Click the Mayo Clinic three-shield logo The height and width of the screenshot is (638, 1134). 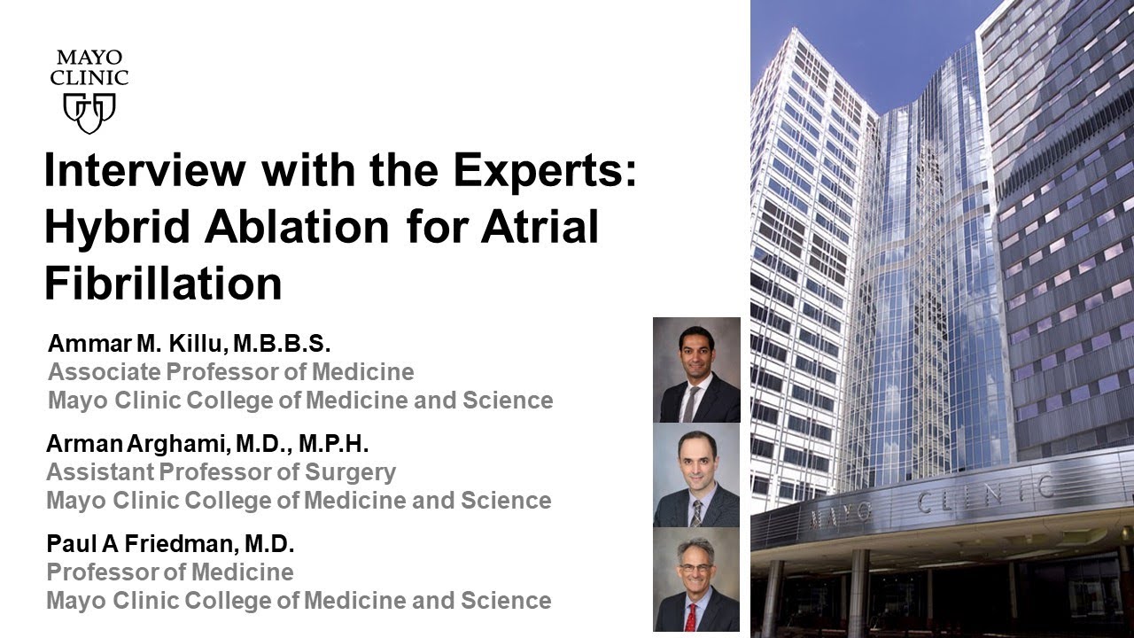(x=89, y=112)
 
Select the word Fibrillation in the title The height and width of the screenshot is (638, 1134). (x=163, y=284)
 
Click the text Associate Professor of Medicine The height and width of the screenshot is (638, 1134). (x=231, y=371)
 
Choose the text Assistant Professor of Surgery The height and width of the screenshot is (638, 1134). (x=221, y=472)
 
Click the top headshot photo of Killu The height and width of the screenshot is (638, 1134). (x=696, y=370)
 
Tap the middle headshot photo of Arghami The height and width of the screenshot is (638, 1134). (x=696, y=475)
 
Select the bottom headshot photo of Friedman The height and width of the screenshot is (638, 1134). (x=696, y=580)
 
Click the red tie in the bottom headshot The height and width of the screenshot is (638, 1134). (x=690, y=617)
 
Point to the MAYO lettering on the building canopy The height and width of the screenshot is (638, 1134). (x=842, y=512)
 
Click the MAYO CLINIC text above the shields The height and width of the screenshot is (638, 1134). (x=89, y=67)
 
